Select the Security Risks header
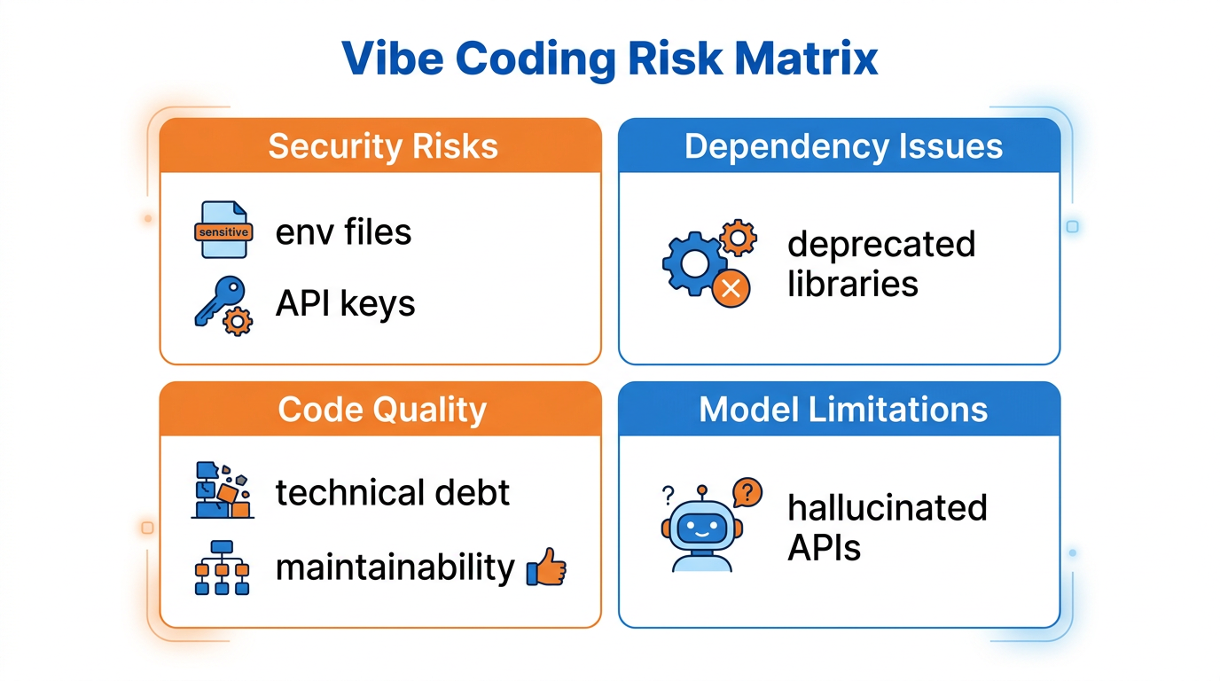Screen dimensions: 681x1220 (382, 146)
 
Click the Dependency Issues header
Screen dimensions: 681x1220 (843, 146)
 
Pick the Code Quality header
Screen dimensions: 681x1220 (382, 410)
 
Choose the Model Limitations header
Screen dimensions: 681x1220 (843, 410)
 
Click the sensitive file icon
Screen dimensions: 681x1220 (223, 231)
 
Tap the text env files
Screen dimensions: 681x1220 (343, 232)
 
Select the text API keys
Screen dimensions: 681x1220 (345, 304)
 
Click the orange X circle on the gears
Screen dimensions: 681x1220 (732, 289)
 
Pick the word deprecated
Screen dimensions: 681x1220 (881, 245)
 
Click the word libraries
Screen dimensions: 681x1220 (852, 285)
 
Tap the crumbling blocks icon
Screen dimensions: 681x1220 (222, 490)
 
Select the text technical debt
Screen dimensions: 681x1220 (392, 492)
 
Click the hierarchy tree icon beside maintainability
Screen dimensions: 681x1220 (222, 567)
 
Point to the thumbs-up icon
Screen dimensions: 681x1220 (546, 567)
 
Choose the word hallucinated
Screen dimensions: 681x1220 (888, 508)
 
